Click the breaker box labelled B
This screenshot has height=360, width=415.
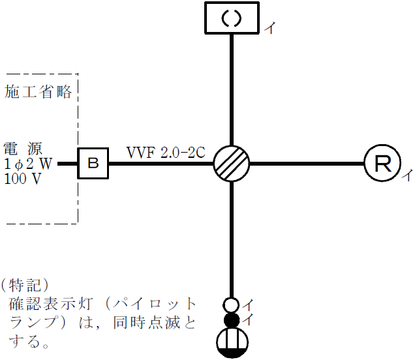[93, 163]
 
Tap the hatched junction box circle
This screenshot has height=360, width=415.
[232, 163]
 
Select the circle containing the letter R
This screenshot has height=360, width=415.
[382, 163]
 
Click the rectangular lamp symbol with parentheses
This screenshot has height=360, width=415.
[232, 18]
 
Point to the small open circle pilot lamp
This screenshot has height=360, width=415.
[231, 305]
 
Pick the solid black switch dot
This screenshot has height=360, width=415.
[231, 320]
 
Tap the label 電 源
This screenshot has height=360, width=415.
[27, 147]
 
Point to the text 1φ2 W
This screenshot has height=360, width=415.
[28, 163]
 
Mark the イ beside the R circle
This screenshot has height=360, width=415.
[405, 175]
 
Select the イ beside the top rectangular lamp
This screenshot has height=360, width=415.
[268, 27]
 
